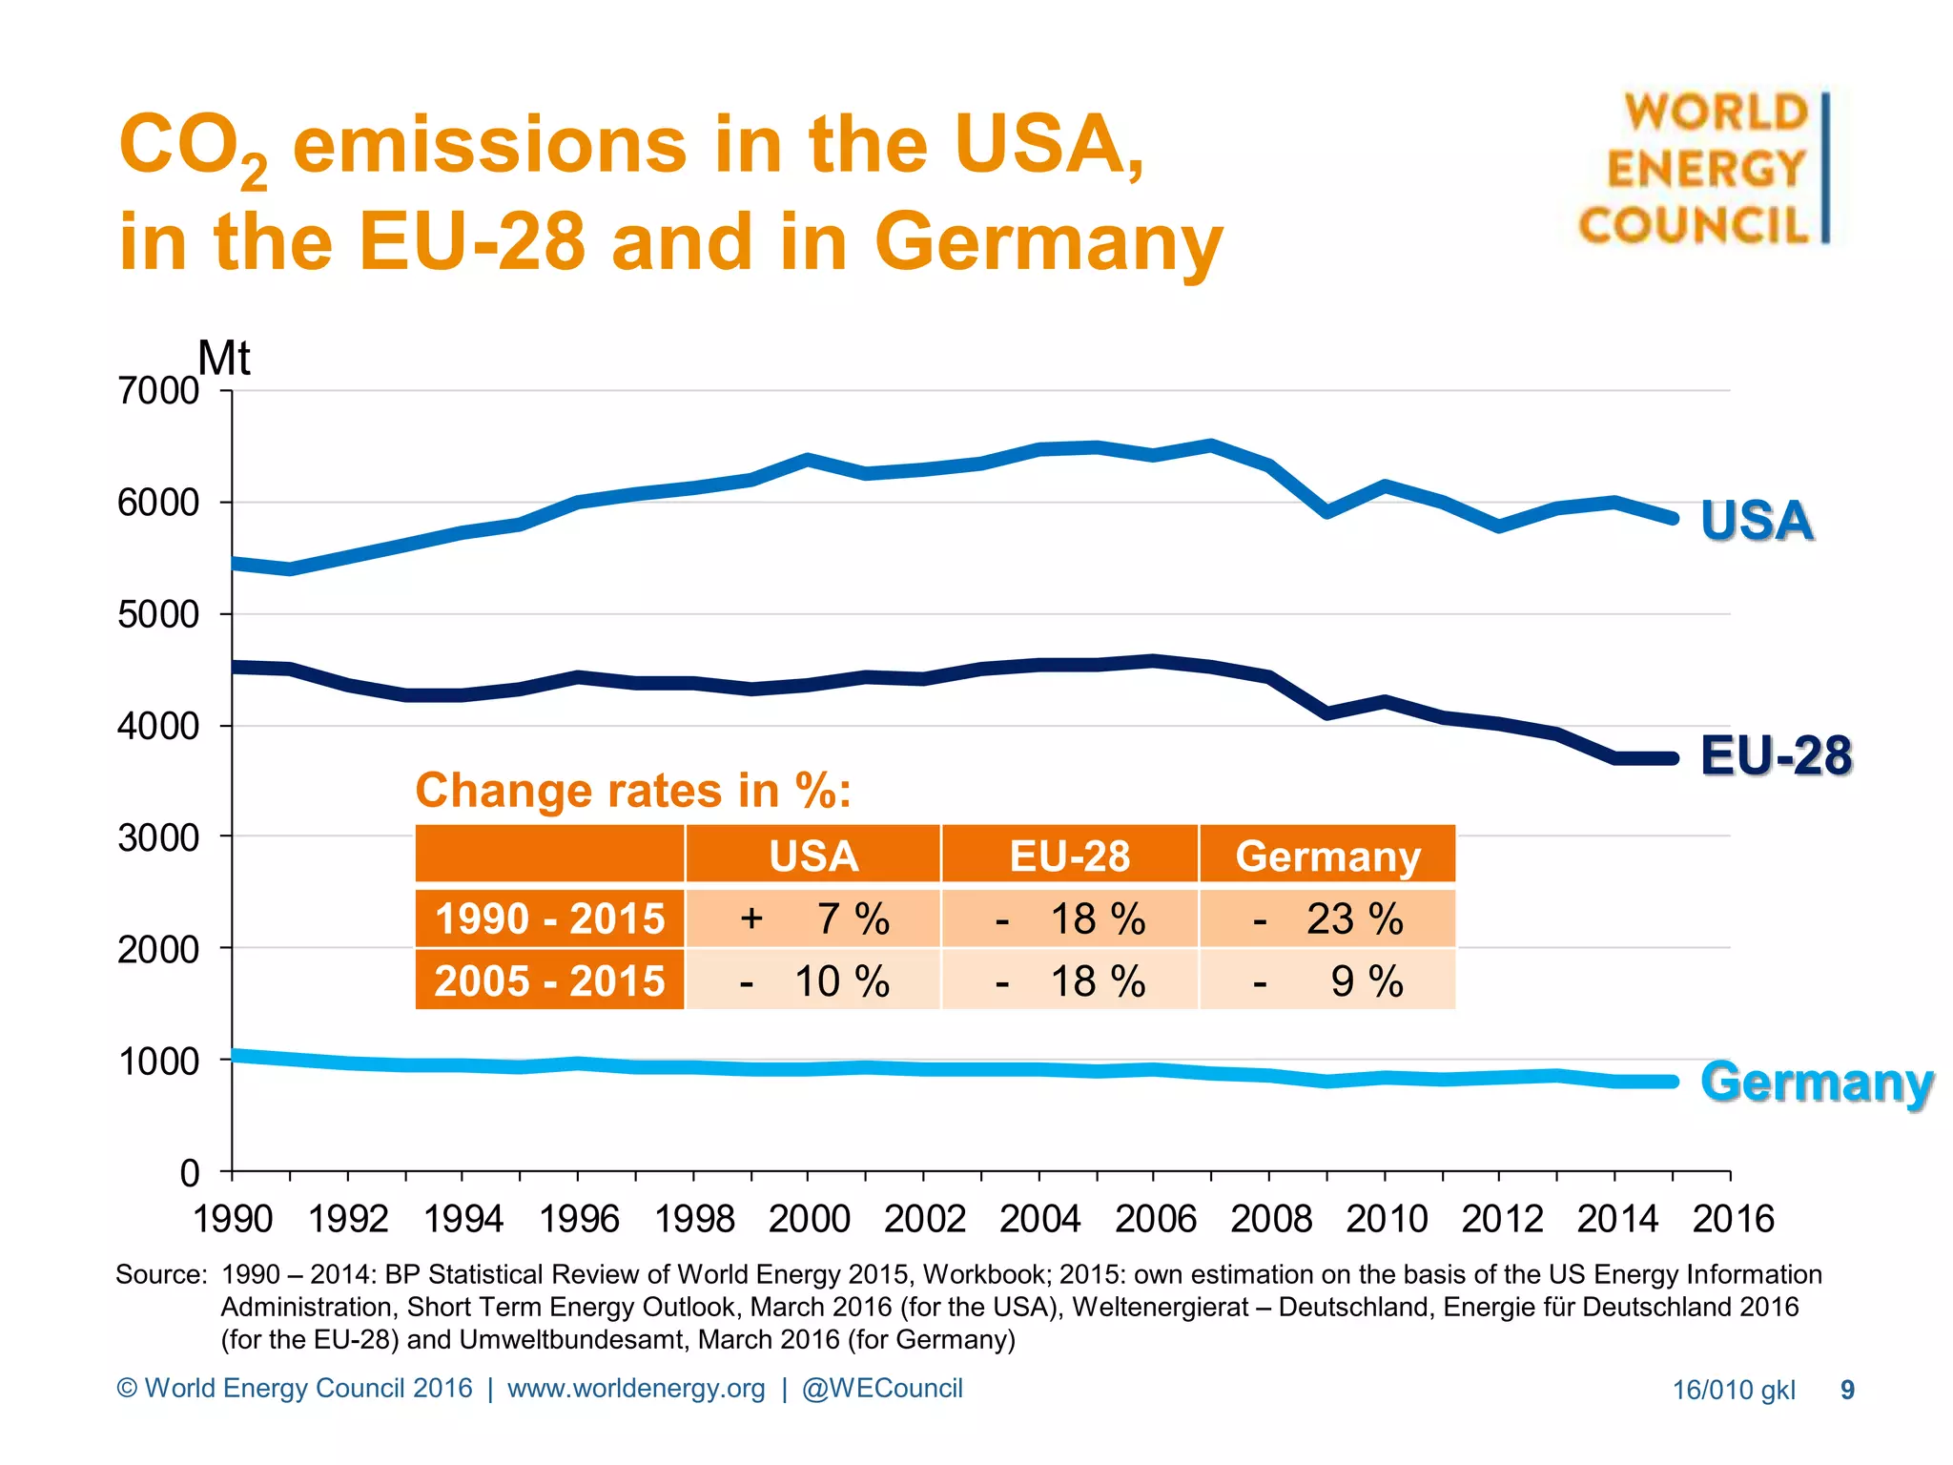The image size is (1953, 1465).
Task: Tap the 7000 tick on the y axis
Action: [157, 391]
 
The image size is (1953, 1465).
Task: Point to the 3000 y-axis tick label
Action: [157, 838]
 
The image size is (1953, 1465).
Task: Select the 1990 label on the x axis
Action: [233, 1219]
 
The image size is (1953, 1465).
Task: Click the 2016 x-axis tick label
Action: [1733, 1219]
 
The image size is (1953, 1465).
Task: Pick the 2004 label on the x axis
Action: [1039, 1219]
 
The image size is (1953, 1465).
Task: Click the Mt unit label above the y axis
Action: [224, 359]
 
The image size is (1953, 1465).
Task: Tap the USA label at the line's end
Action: [1757, 521]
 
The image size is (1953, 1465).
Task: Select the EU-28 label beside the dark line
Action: [1776, 756]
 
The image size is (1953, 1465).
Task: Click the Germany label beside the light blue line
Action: [1817, 1083]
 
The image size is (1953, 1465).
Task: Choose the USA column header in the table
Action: [813, 856]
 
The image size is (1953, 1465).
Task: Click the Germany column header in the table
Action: [1327, 856]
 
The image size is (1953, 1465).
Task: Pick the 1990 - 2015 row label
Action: [549, 919]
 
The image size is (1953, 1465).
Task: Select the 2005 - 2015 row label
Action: [549, 981]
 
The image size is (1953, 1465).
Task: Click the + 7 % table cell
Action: [813, 919]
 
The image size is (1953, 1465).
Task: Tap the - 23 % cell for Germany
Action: [1327, 919]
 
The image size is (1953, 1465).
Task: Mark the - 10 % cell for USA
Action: [813, 981]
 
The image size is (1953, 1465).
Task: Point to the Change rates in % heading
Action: [633, 791]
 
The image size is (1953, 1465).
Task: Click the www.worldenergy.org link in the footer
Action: [636, 1389]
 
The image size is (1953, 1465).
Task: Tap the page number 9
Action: [1847, 1391]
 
